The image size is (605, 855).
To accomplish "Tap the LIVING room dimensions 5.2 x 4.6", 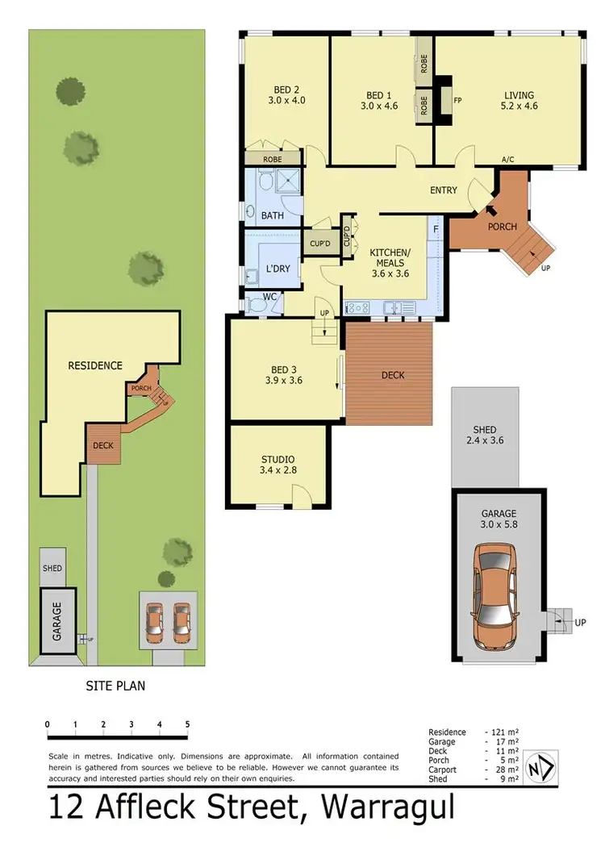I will (519, 105).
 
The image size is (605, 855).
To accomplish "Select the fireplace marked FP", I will (457, 101).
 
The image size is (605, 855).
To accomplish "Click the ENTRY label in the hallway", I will (444, 190).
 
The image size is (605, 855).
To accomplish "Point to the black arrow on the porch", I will (491, 211).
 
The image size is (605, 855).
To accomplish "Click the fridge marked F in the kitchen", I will (435, 230).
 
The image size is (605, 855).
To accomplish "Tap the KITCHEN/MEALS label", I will (390, 258).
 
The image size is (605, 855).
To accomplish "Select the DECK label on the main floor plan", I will (393, 375).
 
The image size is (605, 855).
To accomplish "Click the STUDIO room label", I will (277, 460).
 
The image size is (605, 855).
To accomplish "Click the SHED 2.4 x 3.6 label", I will (485, 436).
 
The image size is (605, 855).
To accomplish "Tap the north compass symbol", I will (540, 765).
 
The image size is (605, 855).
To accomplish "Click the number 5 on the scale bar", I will (187, 724).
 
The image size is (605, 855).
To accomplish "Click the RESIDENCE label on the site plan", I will (94, 365).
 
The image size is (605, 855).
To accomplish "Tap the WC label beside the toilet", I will (270, 297).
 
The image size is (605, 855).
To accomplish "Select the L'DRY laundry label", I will (278, 269).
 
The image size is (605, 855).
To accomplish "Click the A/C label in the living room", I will (508, 160).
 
